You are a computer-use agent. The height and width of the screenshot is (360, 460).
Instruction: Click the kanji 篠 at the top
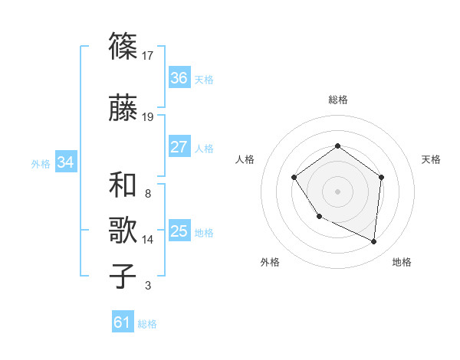123,47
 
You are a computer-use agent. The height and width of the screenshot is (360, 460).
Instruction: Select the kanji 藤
123,108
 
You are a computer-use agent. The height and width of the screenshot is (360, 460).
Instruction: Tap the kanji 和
123,185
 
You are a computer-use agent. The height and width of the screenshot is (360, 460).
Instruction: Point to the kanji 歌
123,231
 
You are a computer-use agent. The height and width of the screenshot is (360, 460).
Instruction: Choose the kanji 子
123,277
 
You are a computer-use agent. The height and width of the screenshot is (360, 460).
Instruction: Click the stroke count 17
149,55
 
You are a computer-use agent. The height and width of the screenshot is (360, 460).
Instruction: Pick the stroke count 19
149,116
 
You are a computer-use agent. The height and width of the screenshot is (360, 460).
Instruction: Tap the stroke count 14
149,240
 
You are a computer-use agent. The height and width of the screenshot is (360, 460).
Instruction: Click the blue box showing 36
179,78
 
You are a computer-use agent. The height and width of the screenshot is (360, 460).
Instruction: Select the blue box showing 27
179,147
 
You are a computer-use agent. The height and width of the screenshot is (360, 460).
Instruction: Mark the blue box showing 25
179,231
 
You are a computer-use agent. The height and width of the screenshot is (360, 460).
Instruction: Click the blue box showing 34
65,162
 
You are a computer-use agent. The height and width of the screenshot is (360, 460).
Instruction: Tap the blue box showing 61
123,323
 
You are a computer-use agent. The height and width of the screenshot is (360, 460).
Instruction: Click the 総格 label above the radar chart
338,100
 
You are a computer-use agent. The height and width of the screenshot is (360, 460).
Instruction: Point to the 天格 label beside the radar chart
432,159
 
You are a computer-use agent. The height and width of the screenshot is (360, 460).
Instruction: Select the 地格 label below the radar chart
402,263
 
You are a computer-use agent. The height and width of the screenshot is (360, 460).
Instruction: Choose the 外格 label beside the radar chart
270,263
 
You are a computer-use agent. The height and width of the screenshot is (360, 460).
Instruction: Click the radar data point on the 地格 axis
374,242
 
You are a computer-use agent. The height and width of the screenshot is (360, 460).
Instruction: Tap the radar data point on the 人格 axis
294,178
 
